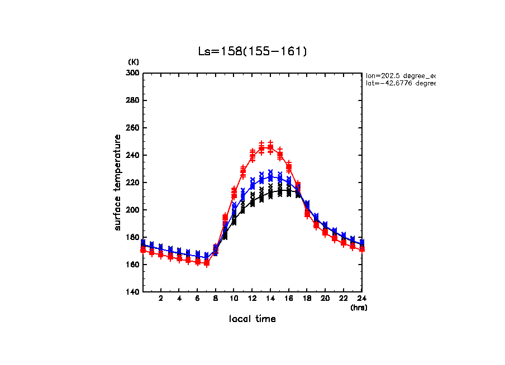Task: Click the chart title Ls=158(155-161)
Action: click(x=252, y=51)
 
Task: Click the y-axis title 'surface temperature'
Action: click(x=118, y=182)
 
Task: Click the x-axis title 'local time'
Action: click(x=252, y=319)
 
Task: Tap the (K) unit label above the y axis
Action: click(x=134, y=61)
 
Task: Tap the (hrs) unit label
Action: click(x=359, y=307)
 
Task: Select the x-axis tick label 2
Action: click(x=161, y=299)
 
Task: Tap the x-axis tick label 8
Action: click(x=216, y=299)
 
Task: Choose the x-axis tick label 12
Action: click(x=252, y=299)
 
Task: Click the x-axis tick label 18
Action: click(x=307, y=299)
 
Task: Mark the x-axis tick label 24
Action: click(x=361, y=299)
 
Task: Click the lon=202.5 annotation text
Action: click(x=400, y=75)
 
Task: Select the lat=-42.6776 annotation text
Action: click(x=400, y=83)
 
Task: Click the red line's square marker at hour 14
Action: click(x=270, y=147)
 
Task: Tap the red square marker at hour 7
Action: click(x=207, y=262)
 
